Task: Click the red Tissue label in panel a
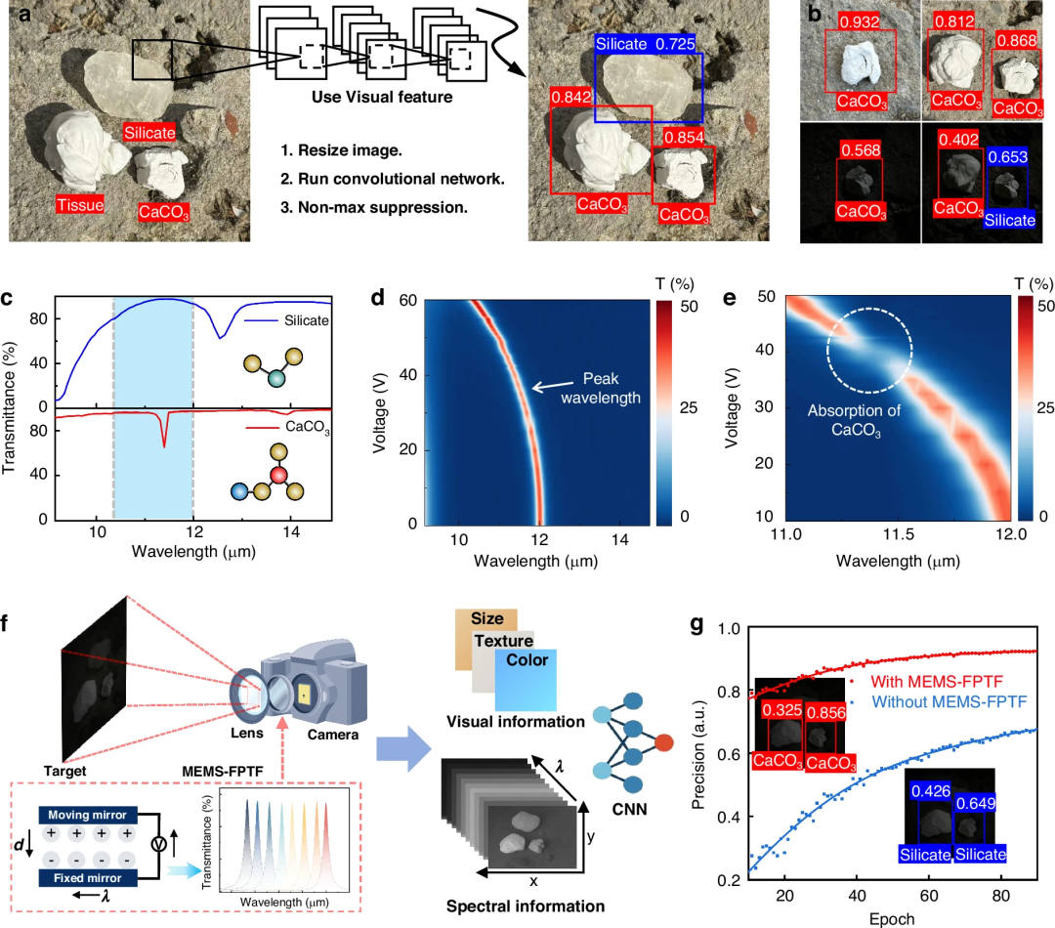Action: [x=80, y=204]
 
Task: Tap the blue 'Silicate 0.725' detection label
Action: [x=646, y=44]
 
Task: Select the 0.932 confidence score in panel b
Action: [x=860, y=21]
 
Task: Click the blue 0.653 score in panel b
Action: [x=1008, y=157]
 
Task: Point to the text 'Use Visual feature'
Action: [x=382, y=97]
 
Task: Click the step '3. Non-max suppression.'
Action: [x=374, y=207]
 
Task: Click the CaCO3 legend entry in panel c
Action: [x=288, y=427]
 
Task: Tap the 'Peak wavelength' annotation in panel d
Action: [x=601, y=388]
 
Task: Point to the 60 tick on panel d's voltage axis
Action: [x=407, y=300]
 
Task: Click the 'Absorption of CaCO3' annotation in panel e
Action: [x=855, y=420]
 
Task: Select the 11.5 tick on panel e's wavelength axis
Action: [x=899, y=534]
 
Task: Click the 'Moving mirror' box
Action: [x=88, y=815]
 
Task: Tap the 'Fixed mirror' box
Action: [x=88, y=878]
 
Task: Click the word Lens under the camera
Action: [x=247, y=733]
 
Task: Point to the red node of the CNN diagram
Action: [x=663, y=743]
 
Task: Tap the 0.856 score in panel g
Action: [x=825, y=712]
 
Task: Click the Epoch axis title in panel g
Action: [x=892, y=918]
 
